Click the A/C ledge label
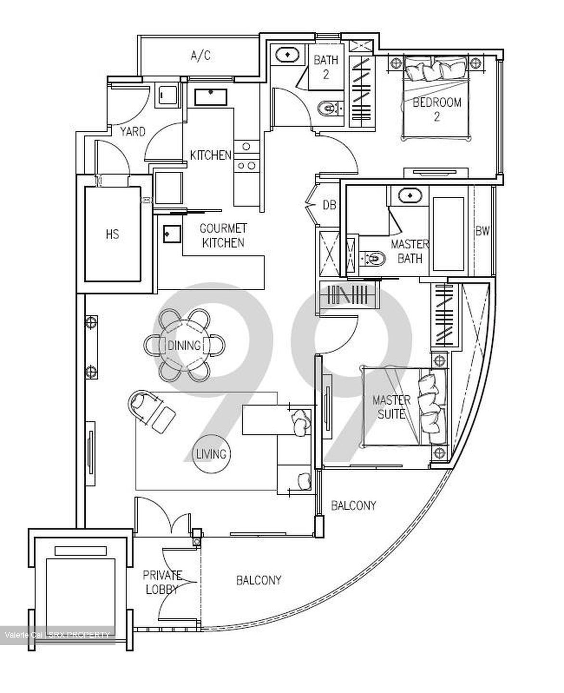(x=200, y=56)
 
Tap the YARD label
(x=132, y=131)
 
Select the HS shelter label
(x=112, y=234)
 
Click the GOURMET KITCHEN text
(x=223, y=235)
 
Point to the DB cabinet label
(x=329, y=205)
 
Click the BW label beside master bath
(x=482, y=231)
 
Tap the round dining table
(x=184, y=345)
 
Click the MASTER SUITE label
(x=391, y=407)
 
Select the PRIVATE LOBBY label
(x=162, y=582)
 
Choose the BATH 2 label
(x=326, y=67)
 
